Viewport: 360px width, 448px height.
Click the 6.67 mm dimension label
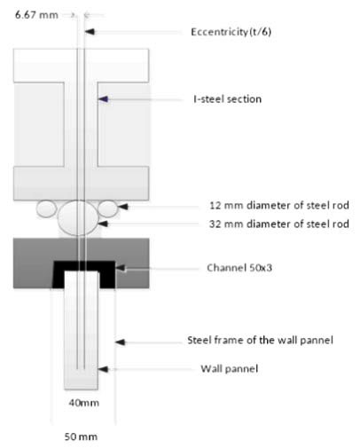click(x=36, y=15)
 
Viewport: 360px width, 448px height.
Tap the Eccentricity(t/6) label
click(x=231, y=32)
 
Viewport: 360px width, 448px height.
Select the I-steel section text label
click(x=227, y=98)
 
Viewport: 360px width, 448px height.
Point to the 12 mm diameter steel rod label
click(x=279, y=205)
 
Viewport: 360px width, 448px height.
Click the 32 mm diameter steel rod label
click(x=279, y=224)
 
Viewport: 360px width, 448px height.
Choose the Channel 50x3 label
click(x=239, y=268)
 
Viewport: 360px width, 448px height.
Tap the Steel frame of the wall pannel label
click(x=260, y=340)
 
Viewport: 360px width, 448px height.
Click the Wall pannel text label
click(x=230, y=369)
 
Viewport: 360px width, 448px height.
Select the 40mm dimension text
click(x=84, y=403)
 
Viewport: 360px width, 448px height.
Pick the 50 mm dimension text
click(x=81, y=436)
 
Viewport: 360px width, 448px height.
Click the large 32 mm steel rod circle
click(x=78, y=218)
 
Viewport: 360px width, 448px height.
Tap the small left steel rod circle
click(x=46, y=208)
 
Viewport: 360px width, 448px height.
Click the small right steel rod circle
click(x=108, y=208)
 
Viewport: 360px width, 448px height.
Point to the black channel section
click(x=83, y=265)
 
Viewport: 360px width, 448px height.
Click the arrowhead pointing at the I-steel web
click(x=103, y=99)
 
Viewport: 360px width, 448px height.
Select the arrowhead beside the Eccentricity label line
click(x=90, y=31)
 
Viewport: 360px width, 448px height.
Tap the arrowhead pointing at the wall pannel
click(x=103, y=369)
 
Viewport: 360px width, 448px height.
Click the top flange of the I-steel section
click(x=81, y=66)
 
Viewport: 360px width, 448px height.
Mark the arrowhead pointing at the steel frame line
click(x=120, y=342)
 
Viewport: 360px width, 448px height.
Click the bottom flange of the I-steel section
click(x=81, y=184)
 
